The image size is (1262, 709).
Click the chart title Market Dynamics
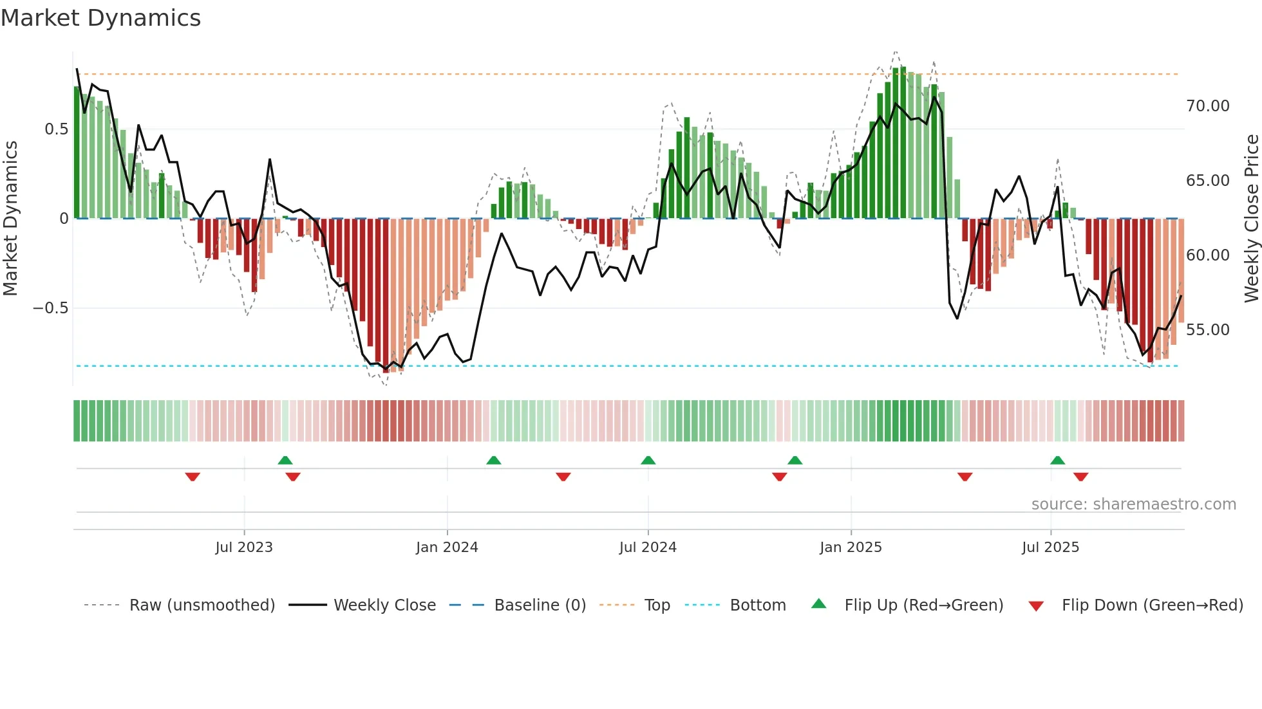(101, 18)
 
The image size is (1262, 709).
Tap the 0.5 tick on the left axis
(56, 129)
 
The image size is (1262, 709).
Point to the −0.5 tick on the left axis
(51, 308)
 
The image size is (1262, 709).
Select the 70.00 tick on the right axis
(1207, 106)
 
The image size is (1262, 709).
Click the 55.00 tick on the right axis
(1207, 330)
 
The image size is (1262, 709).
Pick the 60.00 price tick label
(1207, 255)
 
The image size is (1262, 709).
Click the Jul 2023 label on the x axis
(244, 548)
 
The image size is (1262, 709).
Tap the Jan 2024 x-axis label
(447, 548)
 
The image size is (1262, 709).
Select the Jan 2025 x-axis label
(851, 548)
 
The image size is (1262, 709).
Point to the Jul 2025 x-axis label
(1050, 548)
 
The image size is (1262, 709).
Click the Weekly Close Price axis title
(1251, 218)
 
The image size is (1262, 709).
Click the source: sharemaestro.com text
(1133, 504)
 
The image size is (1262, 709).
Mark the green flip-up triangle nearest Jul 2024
(648, 460)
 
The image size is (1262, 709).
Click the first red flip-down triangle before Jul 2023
(193, 477)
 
